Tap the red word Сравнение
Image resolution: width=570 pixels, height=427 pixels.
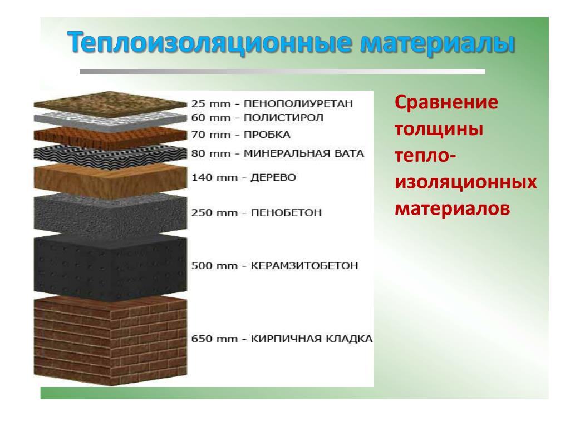[x=446, y=102]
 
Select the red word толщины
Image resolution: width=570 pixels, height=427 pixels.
[x=439, y=129]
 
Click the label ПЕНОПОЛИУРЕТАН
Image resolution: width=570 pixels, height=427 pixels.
[x=298, y=104]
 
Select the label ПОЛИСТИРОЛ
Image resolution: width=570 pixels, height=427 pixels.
[x=283, y=118]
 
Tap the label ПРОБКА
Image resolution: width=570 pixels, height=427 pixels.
[x=267, y=135]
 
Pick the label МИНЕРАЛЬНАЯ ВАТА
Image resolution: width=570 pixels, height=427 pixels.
[x=303, y=153]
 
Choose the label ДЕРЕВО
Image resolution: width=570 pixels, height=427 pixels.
[x=273, y=177]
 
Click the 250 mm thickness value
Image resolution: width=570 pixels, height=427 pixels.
[x=214, y=213]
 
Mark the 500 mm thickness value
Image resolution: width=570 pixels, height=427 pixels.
[x=214, y=266]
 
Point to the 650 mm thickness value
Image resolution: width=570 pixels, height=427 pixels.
[x=214, y=339]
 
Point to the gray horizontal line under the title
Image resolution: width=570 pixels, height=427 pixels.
[x=282, y=72]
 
